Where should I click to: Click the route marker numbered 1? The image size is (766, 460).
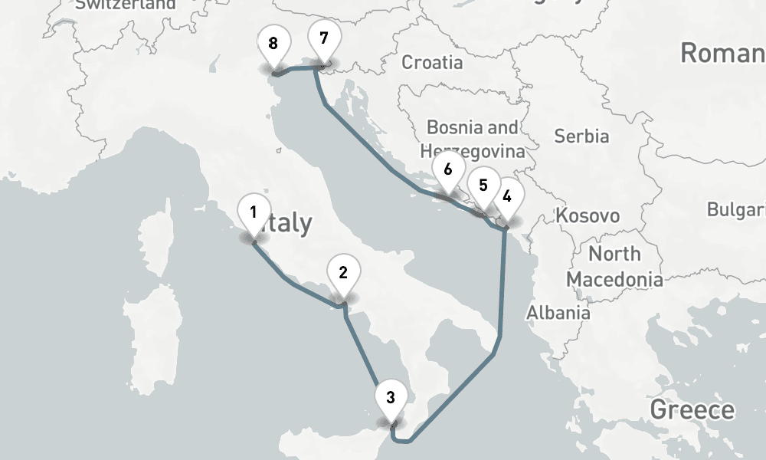[254, 211]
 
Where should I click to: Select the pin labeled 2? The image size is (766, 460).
[343, 274]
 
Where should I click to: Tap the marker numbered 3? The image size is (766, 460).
[391, 399]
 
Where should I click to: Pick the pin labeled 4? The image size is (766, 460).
[506, 197]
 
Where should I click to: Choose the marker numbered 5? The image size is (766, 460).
[483, 187]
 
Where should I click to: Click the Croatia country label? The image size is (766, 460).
[432, 62]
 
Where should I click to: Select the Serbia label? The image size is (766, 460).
[581, 136]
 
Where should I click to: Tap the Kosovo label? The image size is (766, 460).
[588, 215]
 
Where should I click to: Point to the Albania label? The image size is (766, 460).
[558, 312]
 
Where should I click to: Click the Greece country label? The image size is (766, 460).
[692, 410]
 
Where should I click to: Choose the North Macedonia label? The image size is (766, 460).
[614, 265]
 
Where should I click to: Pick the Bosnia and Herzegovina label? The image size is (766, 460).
[473, 139]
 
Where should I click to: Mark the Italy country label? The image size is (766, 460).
[287, 223]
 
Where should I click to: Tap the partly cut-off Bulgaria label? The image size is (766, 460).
[735, 210]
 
